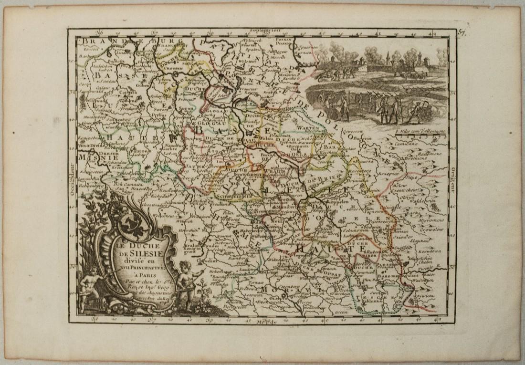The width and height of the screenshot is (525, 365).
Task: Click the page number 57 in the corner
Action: click(x=462, y=33)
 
